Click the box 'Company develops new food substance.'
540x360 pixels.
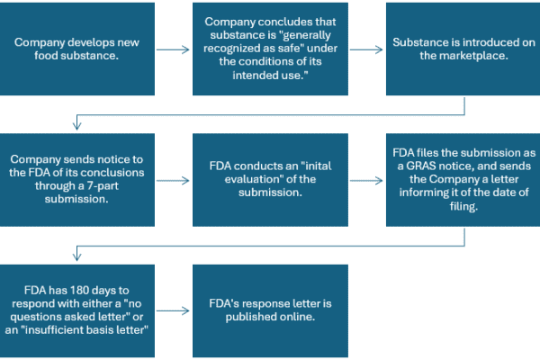(77, 49)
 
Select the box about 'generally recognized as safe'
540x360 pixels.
(270, 49)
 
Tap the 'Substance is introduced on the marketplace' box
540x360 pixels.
(463, 49)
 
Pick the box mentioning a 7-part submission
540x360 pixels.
(77, 180)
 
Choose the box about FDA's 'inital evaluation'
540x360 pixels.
(270, 180)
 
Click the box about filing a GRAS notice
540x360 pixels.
(463, 180)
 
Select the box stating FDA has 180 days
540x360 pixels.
(77, 310)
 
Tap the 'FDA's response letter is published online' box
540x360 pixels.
(270, 310)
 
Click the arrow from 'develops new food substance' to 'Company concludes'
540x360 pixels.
(173, 49)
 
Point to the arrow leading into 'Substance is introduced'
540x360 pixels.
(366, 49)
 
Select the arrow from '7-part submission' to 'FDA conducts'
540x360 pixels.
(173, 181)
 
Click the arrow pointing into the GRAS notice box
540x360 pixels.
(366, 181)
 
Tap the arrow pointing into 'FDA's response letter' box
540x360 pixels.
(173, 311)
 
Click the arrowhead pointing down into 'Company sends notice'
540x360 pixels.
(76, 125)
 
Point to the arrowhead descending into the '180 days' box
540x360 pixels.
(76, 256)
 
